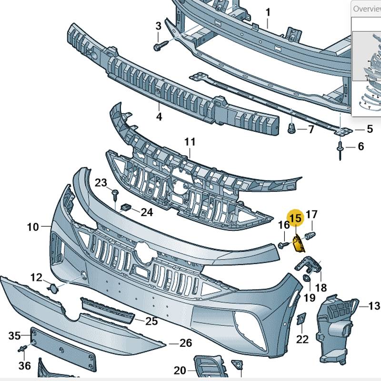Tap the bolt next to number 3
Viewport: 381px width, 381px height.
point(159,46)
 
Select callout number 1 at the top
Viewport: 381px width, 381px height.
point(268,12)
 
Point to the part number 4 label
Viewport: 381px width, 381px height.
point(159,116)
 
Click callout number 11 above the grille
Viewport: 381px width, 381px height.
point(190,142)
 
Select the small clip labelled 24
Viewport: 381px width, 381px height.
point(126,208)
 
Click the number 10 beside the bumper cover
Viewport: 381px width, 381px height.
point(32,227)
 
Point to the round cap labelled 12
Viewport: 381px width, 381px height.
point(54,287)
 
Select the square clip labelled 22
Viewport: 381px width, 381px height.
point(301,319)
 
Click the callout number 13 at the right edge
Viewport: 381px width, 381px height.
point(374,306)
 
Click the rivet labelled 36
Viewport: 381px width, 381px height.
point(22,351)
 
